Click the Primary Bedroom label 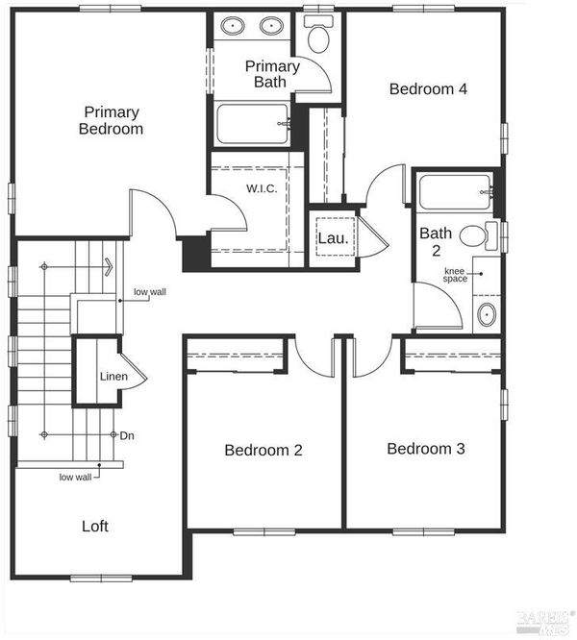click(x=111, y=120)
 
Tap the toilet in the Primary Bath click(x=318, y=35)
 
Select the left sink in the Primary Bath click(x=233, y=26)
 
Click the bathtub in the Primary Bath click(x=252, y=124)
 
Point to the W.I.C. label click(x=262, y=188)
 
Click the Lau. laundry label click(x=333, y=238)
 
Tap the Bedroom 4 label click(x=428, y=89)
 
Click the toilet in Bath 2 click(x=478, y=236)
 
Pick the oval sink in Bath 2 click(x=487, y=314)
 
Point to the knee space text click(x=455, y=275)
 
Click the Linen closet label click(x=113, y=377)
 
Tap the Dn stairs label click(x=127, y=435)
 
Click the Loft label click(x=95, y=526)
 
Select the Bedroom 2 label click(x=263, y=450)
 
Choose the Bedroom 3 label click(x=426, y=449)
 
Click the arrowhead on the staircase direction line click(x=109, y=267)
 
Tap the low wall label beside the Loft click(x=76, y=478)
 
